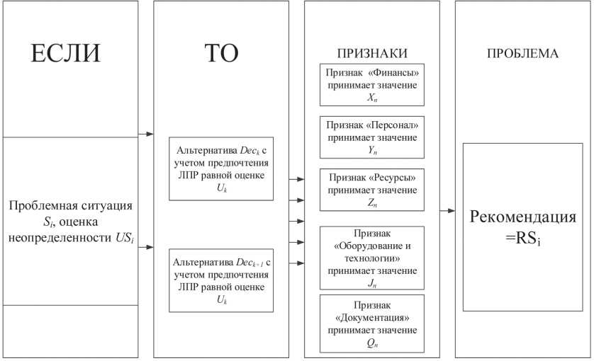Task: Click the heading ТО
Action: (x=220, y=55)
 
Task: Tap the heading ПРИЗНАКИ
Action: (x=371, y=54)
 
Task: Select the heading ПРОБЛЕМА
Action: (x=522, y=54)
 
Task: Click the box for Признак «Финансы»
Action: (x=371, y=85)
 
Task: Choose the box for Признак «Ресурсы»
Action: (x=371, y=190)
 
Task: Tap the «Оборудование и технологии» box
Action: (x=371, y=258)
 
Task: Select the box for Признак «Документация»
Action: (x=371, y=323)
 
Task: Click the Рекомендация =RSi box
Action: (x=522, y=227)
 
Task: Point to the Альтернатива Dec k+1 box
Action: (x=220, y=280)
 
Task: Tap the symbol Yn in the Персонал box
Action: (x=371, y=150)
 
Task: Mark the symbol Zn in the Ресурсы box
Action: (x=371, y=202)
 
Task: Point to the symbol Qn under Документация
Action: (x=371, y=343)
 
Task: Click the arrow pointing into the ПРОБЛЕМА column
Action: (x=447, y=211)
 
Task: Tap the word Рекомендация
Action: (x=522, y=216)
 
